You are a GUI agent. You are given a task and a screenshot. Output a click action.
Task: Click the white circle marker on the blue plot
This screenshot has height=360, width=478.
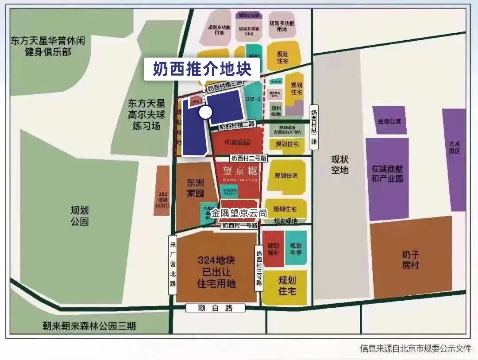click(x=205, y=112)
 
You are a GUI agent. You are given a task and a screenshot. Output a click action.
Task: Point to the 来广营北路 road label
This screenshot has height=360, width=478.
click(x=173, y=265)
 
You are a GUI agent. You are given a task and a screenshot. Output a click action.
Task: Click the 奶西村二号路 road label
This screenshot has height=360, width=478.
click(x=249, y=158)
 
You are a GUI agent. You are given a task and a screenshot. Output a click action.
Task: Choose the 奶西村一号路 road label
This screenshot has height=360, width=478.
click(x=240, y=226)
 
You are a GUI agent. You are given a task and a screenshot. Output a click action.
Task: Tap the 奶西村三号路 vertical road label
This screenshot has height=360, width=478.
click(x=259, y=267)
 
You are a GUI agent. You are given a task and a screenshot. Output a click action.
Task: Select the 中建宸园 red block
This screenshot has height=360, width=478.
click(x=237, y=143)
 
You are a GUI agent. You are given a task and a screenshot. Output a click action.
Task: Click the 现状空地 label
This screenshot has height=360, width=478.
click(x=340, y=164)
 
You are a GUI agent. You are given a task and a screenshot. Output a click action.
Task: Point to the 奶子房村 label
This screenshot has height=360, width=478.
click(x=410, y=260)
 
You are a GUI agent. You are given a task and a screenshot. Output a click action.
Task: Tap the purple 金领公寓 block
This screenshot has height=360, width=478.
click(x=389, y=120)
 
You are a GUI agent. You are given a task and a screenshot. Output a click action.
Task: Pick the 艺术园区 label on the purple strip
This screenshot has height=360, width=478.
click(x=454, y=147)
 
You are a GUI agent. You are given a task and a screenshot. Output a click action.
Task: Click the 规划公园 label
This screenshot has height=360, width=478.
click(x=80, y=216)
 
